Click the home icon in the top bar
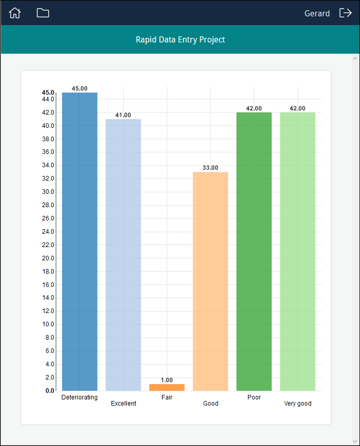click(15, 13)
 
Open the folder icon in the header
click(43, 13)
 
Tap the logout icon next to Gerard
click(346, 13)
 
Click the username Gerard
click(317, 14)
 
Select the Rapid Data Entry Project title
click(180, 39)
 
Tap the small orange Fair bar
click(167, 387)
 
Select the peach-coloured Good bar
click(210, 281)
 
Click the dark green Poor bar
click(254, 251)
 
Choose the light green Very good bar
click(298, 251)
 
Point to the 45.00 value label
click(79, 88)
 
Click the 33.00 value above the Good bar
click(210, 168)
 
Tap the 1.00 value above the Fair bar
click(167, 380)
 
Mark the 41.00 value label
click(123, 115)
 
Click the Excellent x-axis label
click(124, 404)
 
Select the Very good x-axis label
click(298, 404)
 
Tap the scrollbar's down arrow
click(355, 441)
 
